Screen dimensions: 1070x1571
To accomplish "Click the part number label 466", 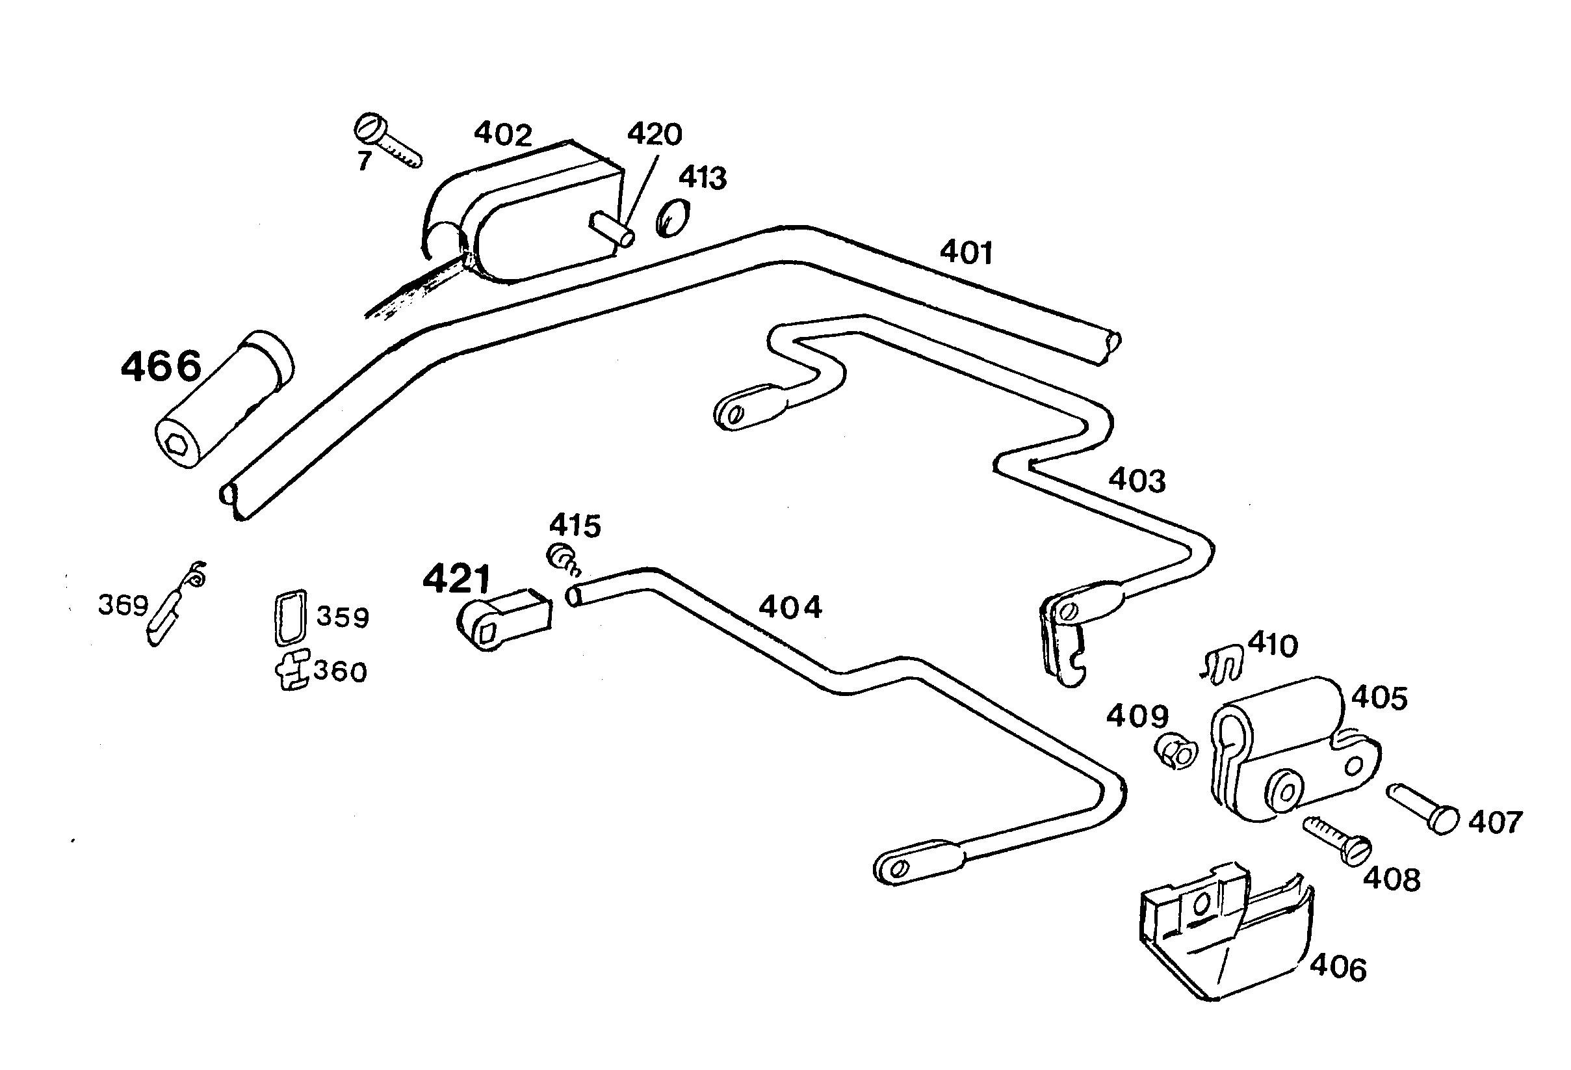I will (161, 367).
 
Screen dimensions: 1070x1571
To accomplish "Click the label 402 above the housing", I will (503, 135).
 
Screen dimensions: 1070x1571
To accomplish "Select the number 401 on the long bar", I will (966, 253).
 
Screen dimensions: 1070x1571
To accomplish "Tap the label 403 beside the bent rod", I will (1137, 481).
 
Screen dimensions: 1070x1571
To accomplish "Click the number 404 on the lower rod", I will (790, 608).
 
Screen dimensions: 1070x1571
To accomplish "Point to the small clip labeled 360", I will (292, 669).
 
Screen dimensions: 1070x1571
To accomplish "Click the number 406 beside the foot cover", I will (1338, 969).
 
